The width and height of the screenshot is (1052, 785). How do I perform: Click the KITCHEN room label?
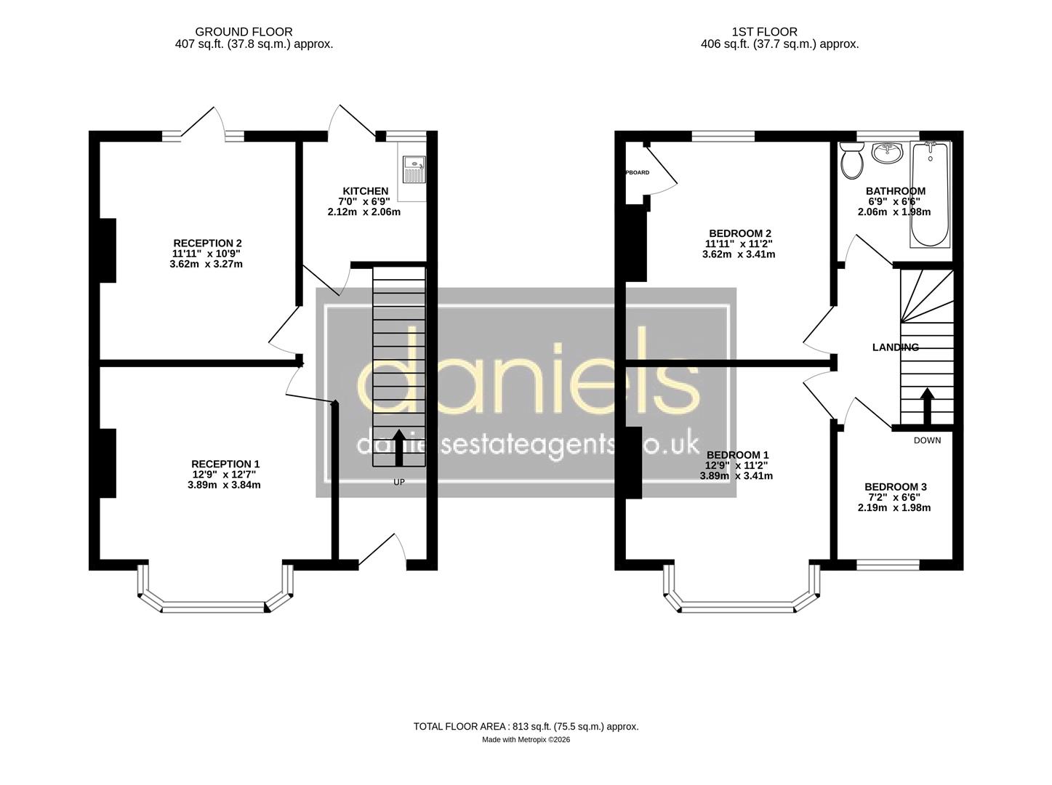click(x=365, y=191)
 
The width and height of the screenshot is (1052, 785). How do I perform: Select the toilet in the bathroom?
click(x=851, y=160)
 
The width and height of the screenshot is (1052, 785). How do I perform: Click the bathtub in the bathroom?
click(x=929, y=195)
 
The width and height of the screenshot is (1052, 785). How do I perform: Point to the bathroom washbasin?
click(x=886, y=153)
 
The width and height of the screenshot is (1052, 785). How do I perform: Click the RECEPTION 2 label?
click(x=207, y=243)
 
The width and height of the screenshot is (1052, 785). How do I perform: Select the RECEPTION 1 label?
click(x=225, y=464)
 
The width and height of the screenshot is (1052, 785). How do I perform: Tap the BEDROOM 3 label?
click(x=894, y=487)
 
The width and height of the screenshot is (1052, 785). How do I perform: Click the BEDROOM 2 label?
click(x=735, y=233)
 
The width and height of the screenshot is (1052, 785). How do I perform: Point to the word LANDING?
click(x=895, y=347)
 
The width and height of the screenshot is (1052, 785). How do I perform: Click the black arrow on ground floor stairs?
click(x=399, y=447)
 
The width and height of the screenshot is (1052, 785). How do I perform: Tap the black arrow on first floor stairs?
click(x=927, y=406)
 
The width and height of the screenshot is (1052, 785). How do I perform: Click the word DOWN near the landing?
click(x=927, y=440)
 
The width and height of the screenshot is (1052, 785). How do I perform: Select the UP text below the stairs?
click(x=399, y=482)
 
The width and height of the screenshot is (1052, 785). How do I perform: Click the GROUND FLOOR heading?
click(x=244, y=32)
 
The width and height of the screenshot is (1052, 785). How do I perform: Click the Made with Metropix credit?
click(x=526, y=740)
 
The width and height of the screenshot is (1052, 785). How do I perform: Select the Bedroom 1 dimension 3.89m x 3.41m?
click(x=736, y=476)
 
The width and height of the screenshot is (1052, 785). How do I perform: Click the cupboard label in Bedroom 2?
click(x=637, y=173)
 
